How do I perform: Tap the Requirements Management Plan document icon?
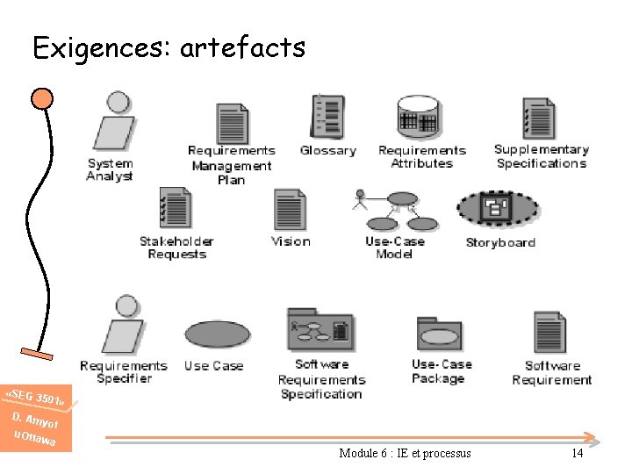[233, 124]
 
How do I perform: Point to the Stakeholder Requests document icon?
[175, 209]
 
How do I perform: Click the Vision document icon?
[290, 210]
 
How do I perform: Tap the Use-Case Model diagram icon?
[398, 211]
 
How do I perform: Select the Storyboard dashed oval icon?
[498, 209]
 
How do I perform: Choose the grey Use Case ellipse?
[217, 334]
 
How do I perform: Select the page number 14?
[577, 453]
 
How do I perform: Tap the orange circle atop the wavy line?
[41, 97]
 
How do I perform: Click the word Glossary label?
[328, 150]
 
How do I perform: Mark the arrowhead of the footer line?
[592, 436]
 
